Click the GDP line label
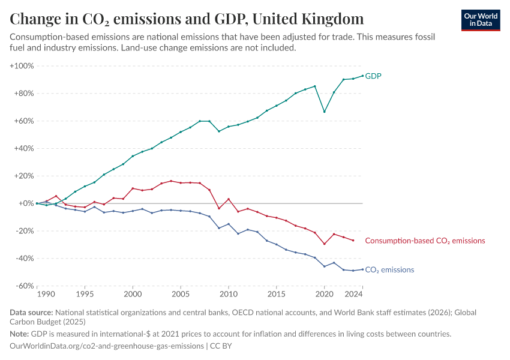(373, 76)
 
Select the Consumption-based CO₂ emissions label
(425, 241)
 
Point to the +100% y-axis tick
(22, 65)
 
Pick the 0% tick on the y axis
(26, 203)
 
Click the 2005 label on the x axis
(181, 295)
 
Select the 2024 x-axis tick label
(355, 295)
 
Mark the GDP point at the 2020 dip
(325, 112)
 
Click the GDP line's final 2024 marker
(363, 76)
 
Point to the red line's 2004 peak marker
(171, 181)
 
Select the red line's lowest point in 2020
(325, 244)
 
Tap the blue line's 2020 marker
(325, 266)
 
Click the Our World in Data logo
(480, 19)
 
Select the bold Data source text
(31, 313)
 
